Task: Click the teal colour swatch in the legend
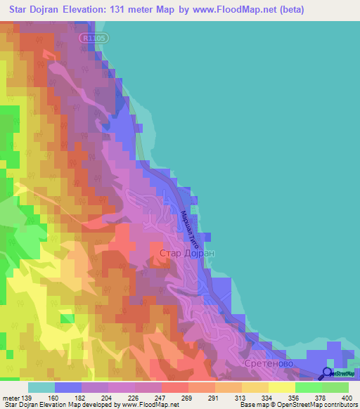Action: click(x=41, y=387)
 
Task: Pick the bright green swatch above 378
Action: click(x=309, y=387)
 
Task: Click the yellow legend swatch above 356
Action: click(x=282, y=387)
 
